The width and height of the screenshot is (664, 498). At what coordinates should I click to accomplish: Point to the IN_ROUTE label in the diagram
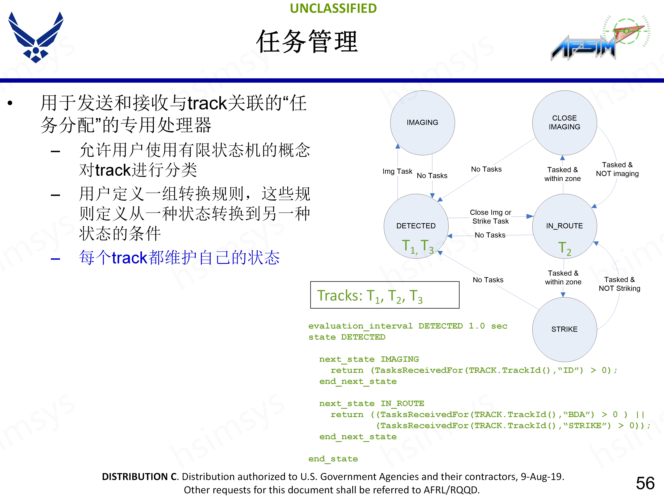coord(564,226)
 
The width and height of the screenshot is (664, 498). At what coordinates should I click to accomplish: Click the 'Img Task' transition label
coord(397,171)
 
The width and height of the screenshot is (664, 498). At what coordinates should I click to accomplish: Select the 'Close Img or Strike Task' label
coord(491,217)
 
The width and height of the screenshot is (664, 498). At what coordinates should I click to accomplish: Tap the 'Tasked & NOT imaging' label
coord(617,169)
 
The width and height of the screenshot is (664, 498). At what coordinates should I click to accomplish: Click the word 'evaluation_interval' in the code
coord(360,326)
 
